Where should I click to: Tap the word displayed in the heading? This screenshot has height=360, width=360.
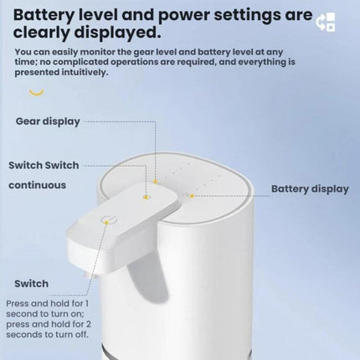pos(117,33)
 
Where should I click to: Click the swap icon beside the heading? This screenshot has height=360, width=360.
pos(326,22)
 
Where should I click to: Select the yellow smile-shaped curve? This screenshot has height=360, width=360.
pos(37,92)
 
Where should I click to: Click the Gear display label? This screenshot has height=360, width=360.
pos(48,121)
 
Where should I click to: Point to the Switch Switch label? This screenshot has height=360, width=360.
pos(44,165)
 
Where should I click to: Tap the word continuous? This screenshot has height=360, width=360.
pos(38,185)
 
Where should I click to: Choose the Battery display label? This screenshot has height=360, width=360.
pos(310,189)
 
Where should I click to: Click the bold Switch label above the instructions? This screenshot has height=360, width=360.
pos(31,284)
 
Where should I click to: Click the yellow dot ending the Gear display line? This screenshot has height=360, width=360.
pos(156,182)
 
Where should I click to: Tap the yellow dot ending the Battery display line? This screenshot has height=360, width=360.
pos(192,196)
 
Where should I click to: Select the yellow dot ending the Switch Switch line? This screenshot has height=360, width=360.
pos(146,198)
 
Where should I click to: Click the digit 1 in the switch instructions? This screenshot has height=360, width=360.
pos(87,303)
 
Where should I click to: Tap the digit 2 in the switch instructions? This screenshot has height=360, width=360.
pos(89,324)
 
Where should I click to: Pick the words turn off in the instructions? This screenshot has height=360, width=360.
pos(73,334)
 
